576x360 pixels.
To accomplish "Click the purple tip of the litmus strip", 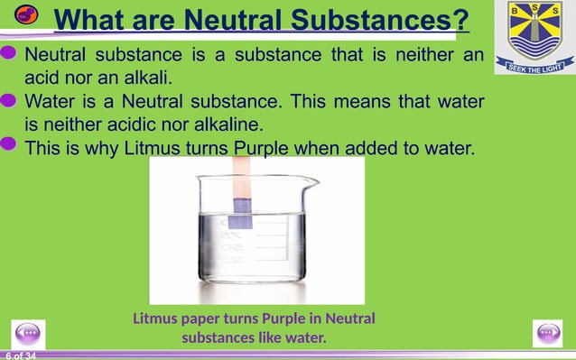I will (x=240, y=220).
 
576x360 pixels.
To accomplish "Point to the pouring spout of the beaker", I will (x=312, y=180).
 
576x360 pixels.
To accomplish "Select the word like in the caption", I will (x=268, y=338).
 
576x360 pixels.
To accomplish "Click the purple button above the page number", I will (x=27, y=332).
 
